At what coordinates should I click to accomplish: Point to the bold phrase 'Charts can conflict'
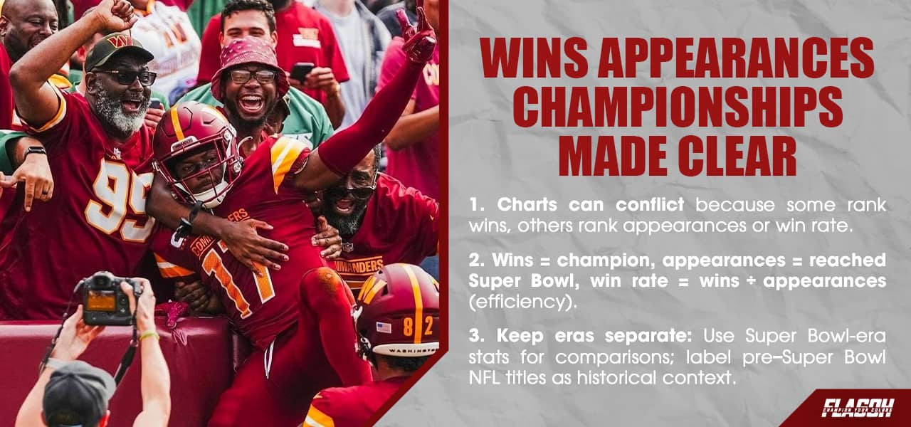590,205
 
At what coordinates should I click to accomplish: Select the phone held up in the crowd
302,71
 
